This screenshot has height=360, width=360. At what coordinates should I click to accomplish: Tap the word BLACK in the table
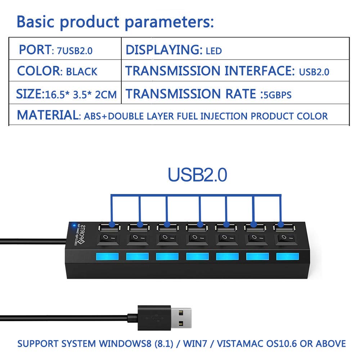tap(82, 71)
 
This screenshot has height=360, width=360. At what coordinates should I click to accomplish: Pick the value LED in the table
tap(214, 51)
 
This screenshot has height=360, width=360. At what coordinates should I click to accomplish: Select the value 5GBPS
tap(277, 95)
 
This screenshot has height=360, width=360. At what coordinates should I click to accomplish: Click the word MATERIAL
tap(47, 115)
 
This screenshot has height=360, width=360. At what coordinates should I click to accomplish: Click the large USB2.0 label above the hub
tap(197, 175)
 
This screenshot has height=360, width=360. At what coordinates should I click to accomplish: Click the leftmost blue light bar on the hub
tap(107, 256)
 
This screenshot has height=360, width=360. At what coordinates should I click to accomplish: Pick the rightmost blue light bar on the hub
tap(287, 256)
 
